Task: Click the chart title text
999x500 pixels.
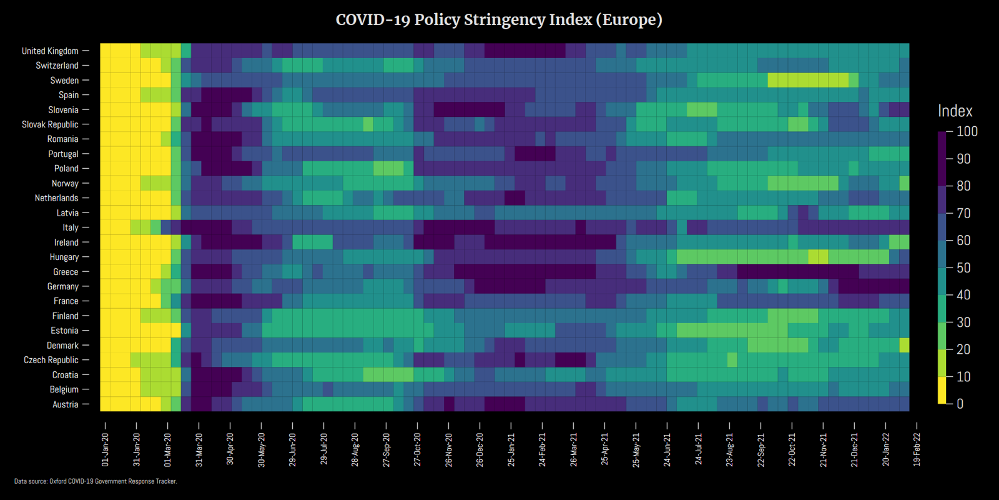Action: tap(499, 20)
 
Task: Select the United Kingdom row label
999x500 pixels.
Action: tap(50, 51)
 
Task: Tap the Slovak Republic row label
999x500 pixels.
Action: tap(50, 124)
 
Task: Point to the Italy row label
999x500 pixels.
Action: tap(71, 227)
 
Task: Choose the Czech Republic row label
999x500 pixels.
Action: tap(51, 360)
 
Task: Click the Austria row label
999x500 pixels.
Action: tap(66, 404)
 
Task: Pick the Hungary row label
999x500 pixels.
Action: tap(64, 257)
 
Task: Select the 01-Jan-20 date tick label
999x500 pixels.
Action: tap(105, 449)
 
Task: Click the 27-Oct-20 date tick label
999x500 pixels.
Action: tap(417, 449)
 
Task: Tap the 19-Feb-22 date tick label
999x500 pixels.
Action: tap(917, 449)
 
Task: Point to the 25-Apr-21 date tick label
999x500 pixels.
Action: tap(604, 449)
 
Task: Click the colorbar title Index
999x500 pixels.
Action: tap(955, 111)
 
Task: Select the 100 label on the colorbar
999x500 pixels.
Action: tap(967, 131)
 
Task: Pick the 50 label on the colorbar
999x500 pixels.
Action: tap(963, 267)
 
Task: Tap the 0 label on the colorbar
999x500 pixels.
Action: tap(960, 404)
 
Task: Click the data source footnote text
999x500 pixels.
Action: tap(96, 481)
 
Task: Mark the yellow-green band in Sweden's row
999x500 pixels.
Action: tap(808, 80)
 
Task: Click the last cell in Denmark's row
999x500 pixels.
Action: tap(904, 345)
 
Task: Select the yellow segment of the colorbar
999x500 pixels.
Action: tap(942, 390)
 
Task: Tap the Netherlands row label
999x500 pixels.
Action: tap(56, 198)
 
